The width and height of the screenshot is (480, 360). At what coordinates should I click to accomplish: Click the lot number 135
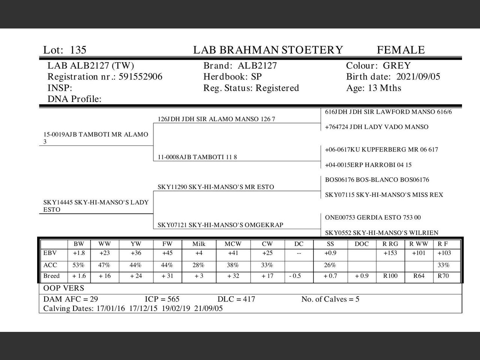pyautogui.click(x=78, y=50)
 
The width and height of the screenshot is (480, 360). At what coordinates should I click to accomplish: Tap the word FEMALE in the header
pyautogui.click(x=400, y=50)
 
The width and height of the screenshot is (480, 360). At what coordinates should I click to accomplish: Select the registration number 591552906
pyautogui.click(x=141, y=77)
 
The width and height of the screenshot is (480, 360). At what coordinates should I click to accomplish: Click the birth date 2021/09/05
pyautogui.click(x=418, y=77)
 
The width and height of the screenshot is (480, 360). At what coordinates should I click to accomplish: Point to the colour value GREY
pyautogui.click(x=397, y=66)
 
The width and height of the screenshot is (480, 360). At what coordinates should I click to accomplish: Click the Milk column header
pyautogui.click(x=199, y=244)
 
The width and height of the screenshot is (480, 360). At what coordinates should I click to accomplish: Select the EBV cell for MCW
pyautogui.click(x=233, y=253)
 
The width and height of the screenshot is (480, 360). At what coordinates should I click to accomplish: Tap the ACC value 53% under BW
pyautogui.click(x=79, y=265)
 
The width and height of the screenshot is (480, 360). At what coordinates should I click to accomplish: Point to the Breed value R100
pyautogui.click(x=390, y=276)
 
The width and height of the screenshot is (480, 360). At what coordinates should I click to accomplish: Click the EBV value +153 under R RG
pyautogui.click(x=390, y=253)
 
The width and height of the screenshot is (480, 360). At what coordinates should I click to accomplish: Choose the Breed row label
pyautogui.click(x=51, y=276)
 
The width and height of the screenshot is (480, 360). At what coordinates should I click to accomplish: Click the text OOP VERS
pyautogui.click(x=64, y=288)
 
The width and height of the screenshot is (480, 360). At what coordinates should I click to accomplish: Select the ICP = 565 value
pyautogui.click(x=162, y=299)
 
